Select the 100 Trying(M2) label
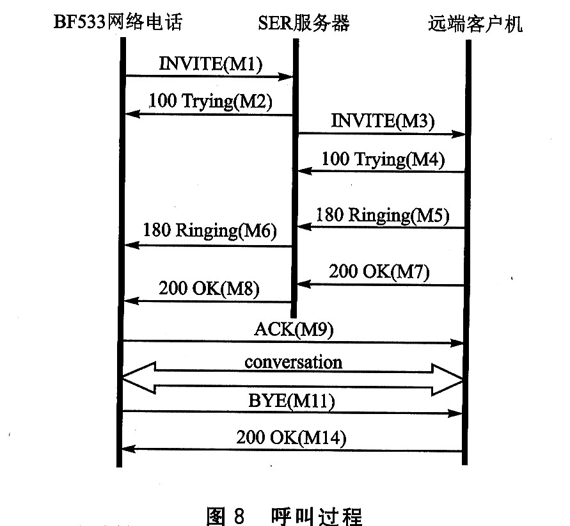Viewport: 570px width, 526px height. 210,100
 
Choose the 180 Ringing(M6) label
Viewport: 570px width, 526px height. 210,230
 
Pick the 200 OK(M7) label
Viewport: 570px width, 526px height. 379,271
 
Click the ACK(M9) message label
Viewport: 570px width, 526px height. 294,330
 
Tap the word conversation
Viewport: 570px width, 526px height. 293,362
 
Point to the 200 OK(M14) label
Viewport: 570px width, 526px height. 291,438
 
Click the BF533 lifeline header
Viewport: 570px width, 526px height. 118,24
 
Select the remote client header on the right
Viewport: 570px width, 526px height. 475,24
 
